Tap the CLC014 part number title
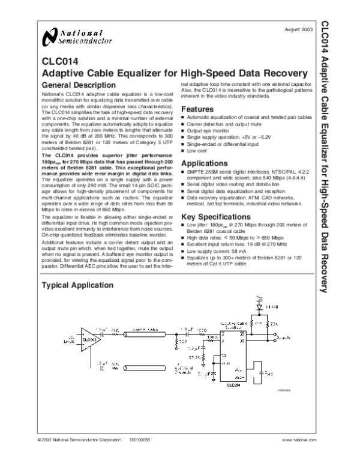(59, 60)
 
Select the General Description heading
(78, 86)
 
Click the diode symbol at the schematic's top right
(260, 306)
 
